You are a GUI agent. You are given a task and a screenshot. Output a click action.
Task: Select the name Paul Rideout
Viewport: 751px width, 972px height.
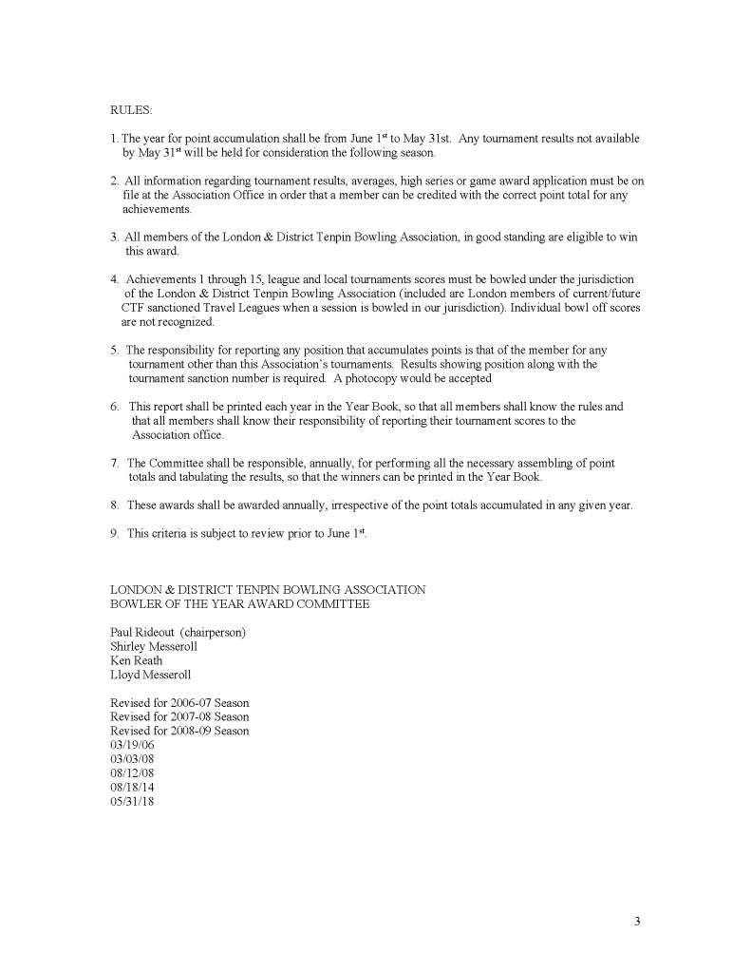(142, 632)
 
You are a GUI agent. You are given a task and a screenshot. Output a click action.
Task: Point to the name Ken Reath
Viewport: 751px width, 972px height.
(136, 660)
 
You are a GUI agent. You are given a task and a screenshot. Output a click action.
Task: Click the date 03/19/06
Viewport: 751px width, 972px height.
(131, 745)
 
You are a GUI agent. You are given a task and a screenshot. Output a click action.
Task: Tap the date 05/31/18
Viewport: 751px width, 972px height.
(131, 802)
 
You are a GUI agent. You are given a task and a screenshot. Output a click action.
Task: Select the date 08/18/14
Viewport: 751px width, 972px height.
(131, 788)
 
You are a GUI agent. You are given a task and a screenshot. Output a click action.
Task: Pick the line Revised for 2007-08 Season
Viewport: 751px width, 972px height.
(179, 716)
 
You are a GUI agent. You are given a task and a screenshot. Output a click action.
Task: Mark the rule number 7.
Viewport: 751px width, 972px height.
(114, 464)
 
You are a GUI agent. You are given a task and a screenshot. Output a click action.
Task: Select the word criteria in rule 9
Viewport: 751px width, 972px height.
(170, 534)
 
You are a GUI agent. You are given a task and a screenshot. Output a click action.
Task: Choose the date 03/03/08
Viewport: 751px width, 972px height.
(131, 759)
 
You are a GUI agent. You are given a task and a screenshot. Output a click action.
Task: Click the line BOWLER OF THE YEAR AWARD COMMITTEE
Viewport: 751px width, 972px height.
(239, 603)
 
